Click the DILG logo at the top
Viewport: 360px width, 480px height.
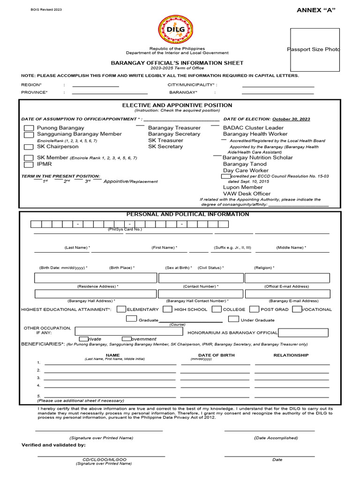pos(180,29)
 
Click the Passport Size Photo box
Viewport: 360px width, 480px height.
pos(315,50)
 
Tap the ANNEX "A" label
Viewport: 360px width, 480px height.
pos(316,10)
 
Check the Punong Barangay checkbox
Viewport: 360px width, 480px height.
pos(29,128)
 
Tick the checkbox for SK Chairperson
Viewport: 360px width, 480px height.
pos(29,147)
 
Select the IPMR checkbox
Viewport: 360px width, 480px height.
pos(29,165)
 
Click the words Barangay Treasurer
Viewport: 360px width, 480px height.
pos(174,128)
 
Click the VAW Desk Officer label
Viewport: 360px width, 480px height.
pos(247,194)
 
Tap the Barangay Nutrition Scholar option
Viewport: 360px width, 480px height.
pos(257,157)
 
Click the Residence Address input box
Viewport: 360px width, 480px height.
pos(96,278)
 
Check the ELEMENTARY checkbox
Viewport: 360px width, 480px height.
pos(121,309)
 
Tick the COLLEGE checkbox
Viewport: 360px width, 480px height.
pos(217,309)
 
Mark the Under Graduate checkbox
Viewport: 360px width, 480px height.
pos(233,320)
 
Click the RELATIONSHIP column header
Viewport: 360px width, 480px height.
pos(291,355)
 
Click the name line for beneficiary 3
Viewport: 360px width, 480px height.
pos(110,378)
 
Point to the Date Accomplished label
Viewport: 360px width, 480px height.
pos(276,438)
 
